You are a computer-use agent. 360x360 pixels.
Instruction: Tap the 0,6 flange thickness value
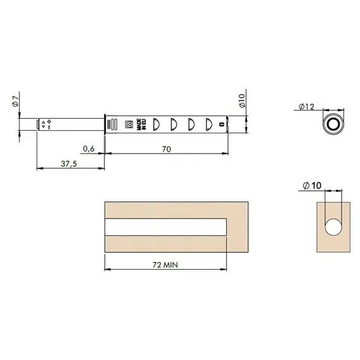pos(89,149)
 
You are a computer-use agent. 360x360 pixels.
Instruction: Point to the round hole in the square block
pos(332,227)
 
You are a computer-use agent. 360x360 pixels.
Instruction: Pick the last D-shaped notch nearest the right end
pos(207,124)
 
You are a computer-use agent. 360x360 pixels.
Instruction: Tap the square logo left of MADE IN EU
pos(130,124)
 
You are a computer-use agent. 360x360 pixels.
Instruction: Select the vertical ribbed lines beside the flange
pos(112,124)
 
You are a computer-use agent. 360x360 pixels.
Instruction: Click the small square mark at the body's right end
pos(221,124)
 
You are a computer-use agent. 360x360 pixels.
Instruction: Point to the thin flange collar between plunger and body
pos(104,124)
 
